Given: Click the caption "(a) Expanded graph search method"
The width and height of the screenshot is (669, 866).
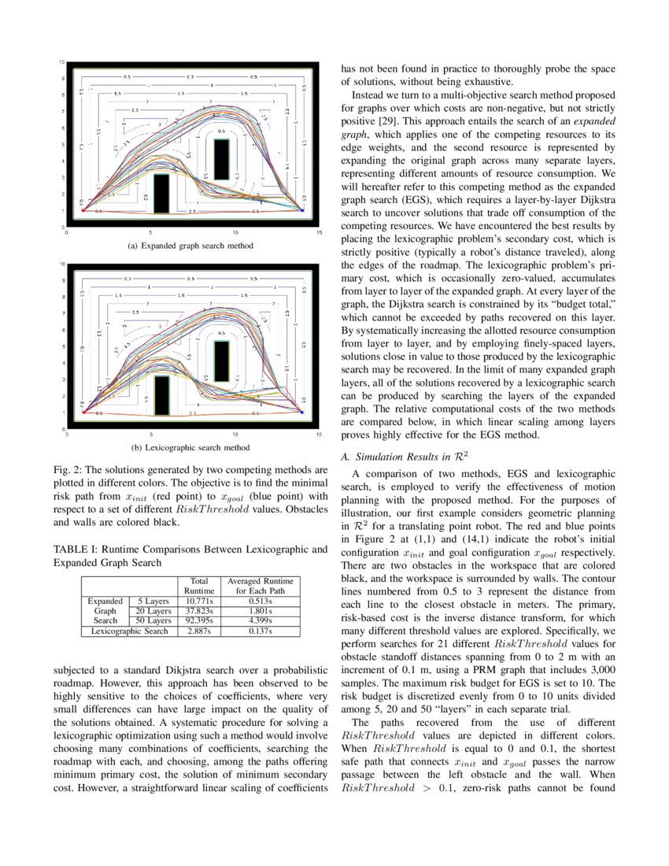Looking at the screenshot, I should point(190,246).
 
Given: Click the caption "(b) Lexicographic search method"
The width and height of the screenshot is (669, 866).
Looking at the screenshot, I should point(190,448).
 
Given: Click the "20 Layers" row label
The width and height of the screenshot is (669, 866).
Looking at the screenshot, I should point(153,611).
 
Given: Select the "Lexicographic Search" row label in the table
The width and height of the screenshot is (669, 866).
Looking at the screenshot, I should point(129,631).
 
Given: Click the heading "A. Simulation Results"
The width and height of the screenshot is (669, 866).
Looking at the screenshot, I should point(395,457).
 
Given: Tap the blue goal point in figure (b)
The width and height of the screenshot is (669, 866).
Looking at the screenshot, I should point(302,411).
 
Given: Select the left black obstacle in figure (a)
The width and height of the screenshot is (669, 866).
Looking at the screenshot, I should point(161,193).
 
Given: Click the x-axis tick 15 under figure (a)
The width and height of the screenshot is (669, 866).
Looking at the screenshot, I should point(319,233).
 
